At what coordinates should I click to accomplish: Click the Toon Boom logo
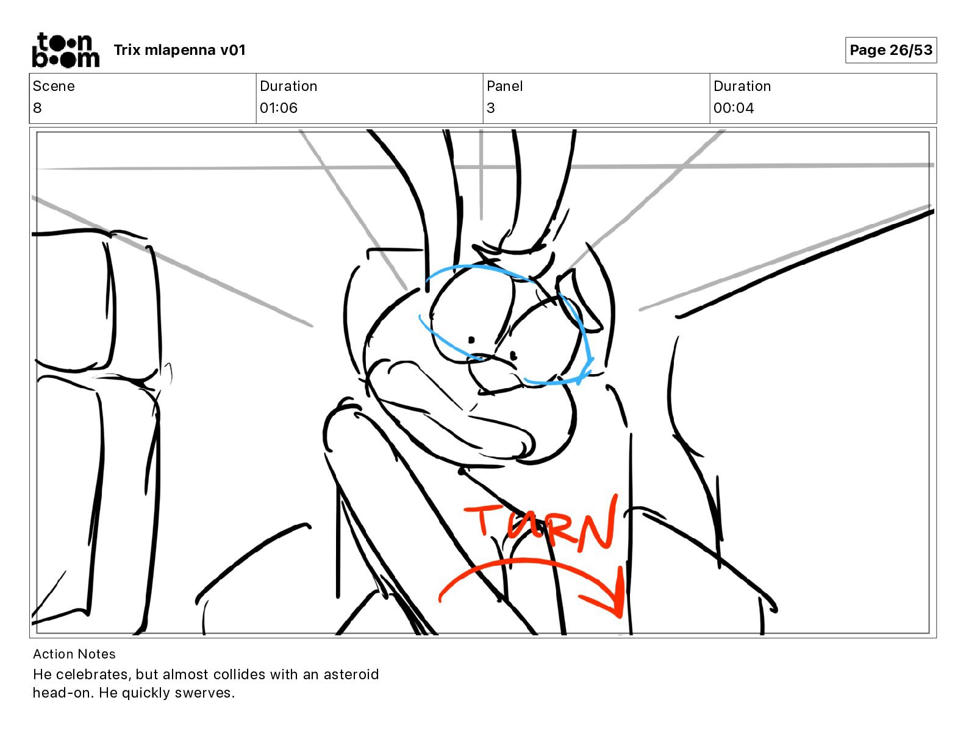65,50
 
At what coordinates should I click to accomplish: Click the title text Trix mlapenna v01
179,50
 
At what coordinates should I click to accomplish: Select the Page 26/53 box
890,50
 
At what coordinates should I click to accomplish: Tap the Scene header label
54,86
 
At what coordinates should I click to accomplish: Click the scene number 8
37,108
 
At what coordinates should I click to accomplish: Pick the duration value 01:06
279,108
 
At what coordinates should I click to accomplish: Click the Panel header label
504,86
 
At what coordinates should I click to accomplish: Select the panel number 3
491,108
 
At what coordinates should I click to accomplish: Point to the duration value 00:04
734,108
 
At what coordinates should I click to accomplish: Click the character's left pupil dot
471,340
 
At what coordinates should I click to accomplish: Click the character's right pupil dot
513,355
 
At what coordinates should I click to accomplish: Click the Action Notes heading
74,654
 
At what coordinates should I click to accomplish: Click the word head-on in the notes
62,693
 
